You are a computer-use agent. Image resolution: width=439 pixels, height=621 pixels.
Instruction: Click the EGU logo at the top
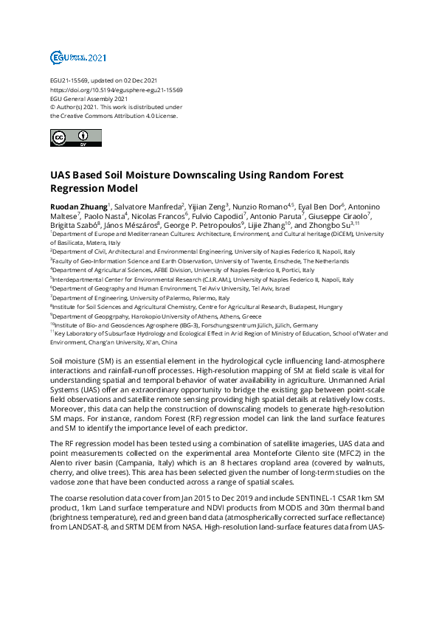(68, 57)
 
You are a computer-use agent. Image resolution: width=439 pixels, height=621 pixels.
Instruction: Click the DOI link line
(117, 89)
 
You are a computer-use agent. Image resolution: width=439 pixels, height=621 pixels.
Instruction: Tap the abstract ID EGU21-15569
(70, 80)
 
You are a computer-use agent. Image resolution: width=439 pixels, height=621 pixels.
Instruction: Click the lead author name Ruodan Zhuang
(78, 206)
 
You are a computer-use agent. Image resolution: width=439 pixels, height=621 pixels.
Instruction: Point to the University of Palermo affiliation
(140, 297)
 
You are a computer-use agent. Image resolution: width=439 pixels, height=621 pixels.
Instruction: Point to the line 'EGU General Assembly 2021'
(89, 98)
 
